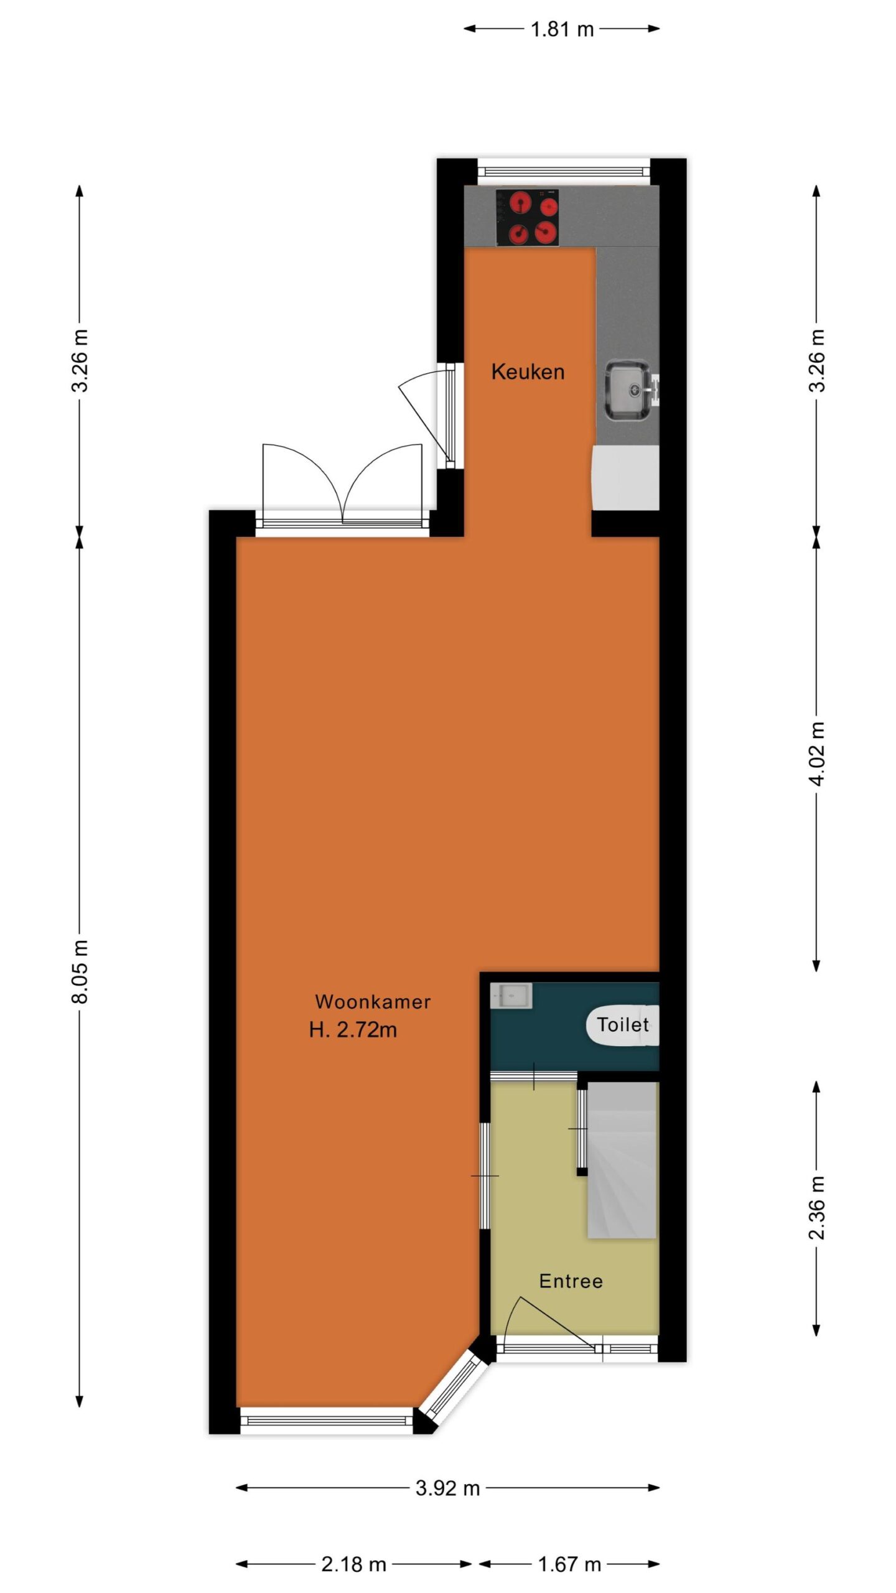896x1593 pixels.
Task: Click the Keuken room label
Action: [528, 371]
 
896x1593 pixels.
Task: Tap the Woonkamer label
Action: [373, 1001]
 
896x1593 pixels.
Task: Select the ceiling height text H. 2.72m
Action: [353, 1030]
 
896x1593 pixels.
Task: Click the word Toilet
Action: [623, 1024]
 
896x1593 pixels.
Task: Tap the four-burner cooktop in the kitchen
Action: [527, 218]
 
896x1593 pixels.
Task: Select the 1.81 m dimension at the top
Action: [562, 29]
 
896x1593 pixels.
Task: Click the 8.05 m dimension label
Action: [80, 971]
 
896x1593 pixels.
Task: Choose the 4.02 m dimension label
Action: [817, 754]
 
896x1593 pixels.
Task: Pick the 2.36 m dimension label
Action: [817, 1207]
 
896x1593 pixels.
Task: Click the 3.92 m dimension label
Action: [447, 1488]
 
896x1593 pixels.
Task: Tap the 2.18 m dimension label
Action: [353, 1564]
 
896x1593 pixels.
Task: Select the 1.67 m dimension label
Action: [569, 1564]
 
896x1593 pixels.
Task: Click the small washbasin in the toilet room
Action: [511, 995]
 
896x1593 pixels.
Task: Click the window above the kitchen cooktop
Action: [564, 170]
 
